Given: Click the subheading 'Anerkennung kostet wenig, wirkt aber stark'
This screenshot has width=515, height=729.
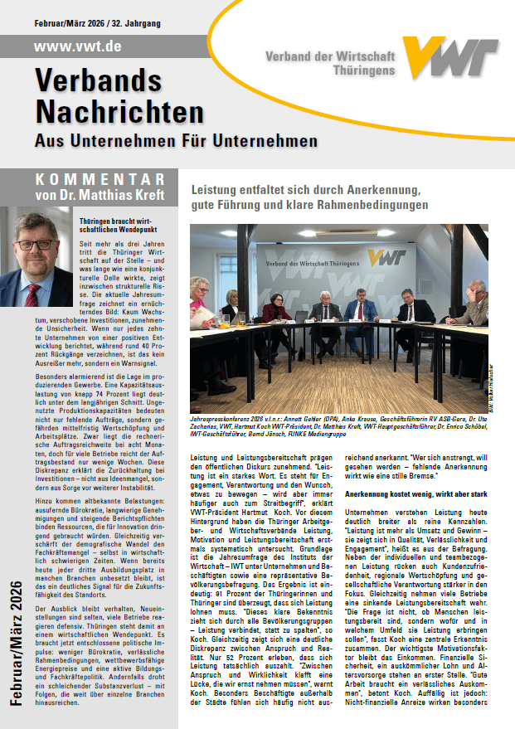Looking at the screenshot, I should click(415, 493).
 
